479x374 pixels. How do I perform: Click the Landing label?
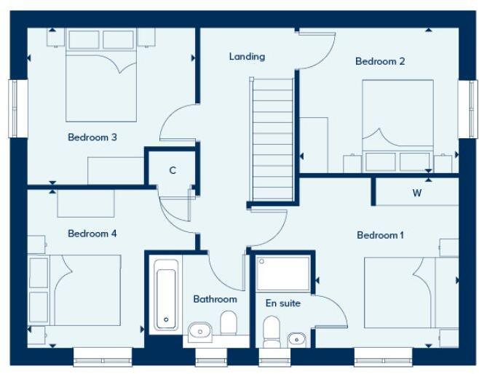(x=247, y=56)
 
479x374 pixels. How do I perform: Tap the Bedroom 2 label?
(x=380, y=61)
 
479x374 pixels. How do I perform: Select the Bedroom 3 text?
(x=92, y=137)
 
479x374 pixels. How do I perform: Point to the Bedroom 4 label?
(x=92, y=234)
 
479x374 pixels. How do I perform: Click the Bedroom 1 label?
(x=380, y=235)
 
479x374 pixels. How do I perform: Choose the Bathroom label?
(x=215, y=299)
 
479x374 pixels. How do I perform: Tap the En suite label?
(x=282, y=303)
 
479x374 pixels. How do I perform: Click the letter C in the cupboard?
(x=173, y=171)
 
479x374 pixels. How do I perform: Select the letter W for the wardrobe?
(x=416, y=193)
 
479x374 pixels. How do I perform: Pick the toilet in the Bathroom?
(x=229, y=324)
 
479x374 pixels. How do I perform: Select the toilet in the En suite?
(x=272, y=331)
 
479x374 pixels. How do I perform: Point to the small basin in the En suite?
(x=296, y=338)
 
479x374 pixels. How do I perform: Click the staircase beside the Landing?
(x=272, y=138)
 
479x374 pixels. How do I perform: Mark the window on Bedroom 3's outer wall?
(x=13, y=108)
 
